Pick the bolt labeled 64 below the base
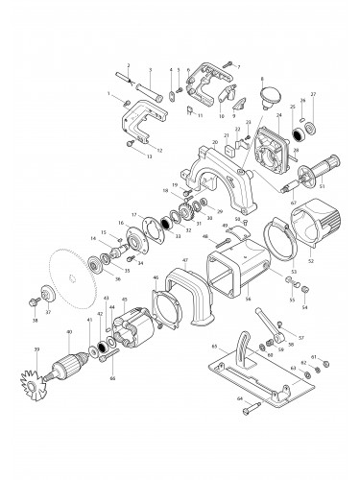coord(251,413)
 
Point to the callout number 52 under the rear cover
coord(310,260)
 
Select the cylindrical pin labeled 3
coord(152,88)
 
